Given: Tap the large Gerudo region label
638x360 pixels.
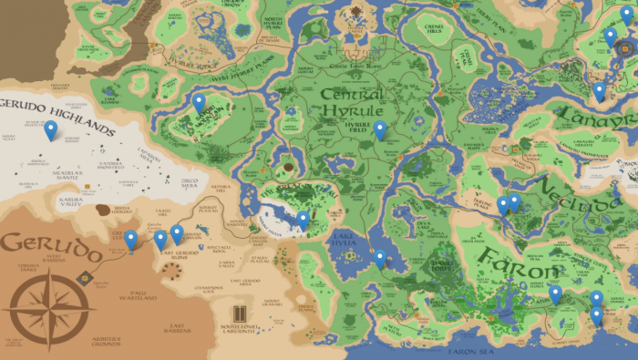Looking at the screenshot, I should click(x=52, y=246).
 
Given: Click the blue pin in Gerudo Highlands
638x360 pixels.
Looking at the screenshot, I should click(x=50, y=130).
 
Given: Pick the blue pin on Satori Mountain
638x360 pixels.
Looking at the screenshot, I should click(x=199, y=102).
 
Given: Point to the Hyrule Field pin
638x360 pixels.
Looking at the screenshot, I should click(x=380, y=130).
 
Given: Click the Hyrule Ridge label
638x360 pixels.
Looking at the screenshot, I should click(x=190, y=67).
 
